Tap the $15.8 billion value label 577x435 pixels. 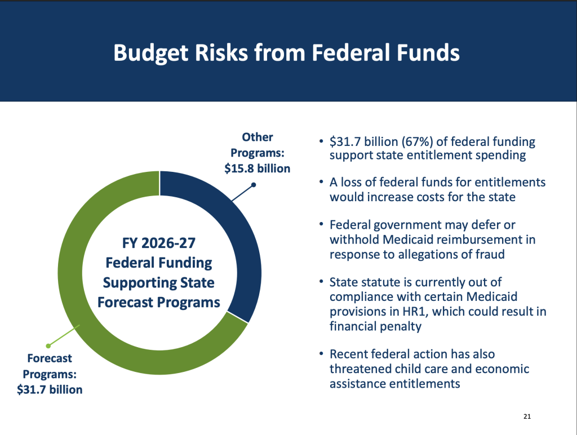point(257,168)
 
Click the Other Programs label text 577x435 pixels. point(257,145)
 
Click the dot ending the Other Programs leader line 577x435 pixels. point(254,184)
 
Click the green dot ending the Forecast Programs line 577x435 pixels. point(48,345)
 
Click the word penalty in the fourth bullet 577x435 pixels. point(402,325)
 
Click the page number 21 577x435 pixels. point(527,417)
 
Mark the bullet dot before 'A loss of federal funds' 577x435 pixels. point(320,183)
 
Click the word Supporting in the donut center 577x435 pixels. point(158,282)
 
